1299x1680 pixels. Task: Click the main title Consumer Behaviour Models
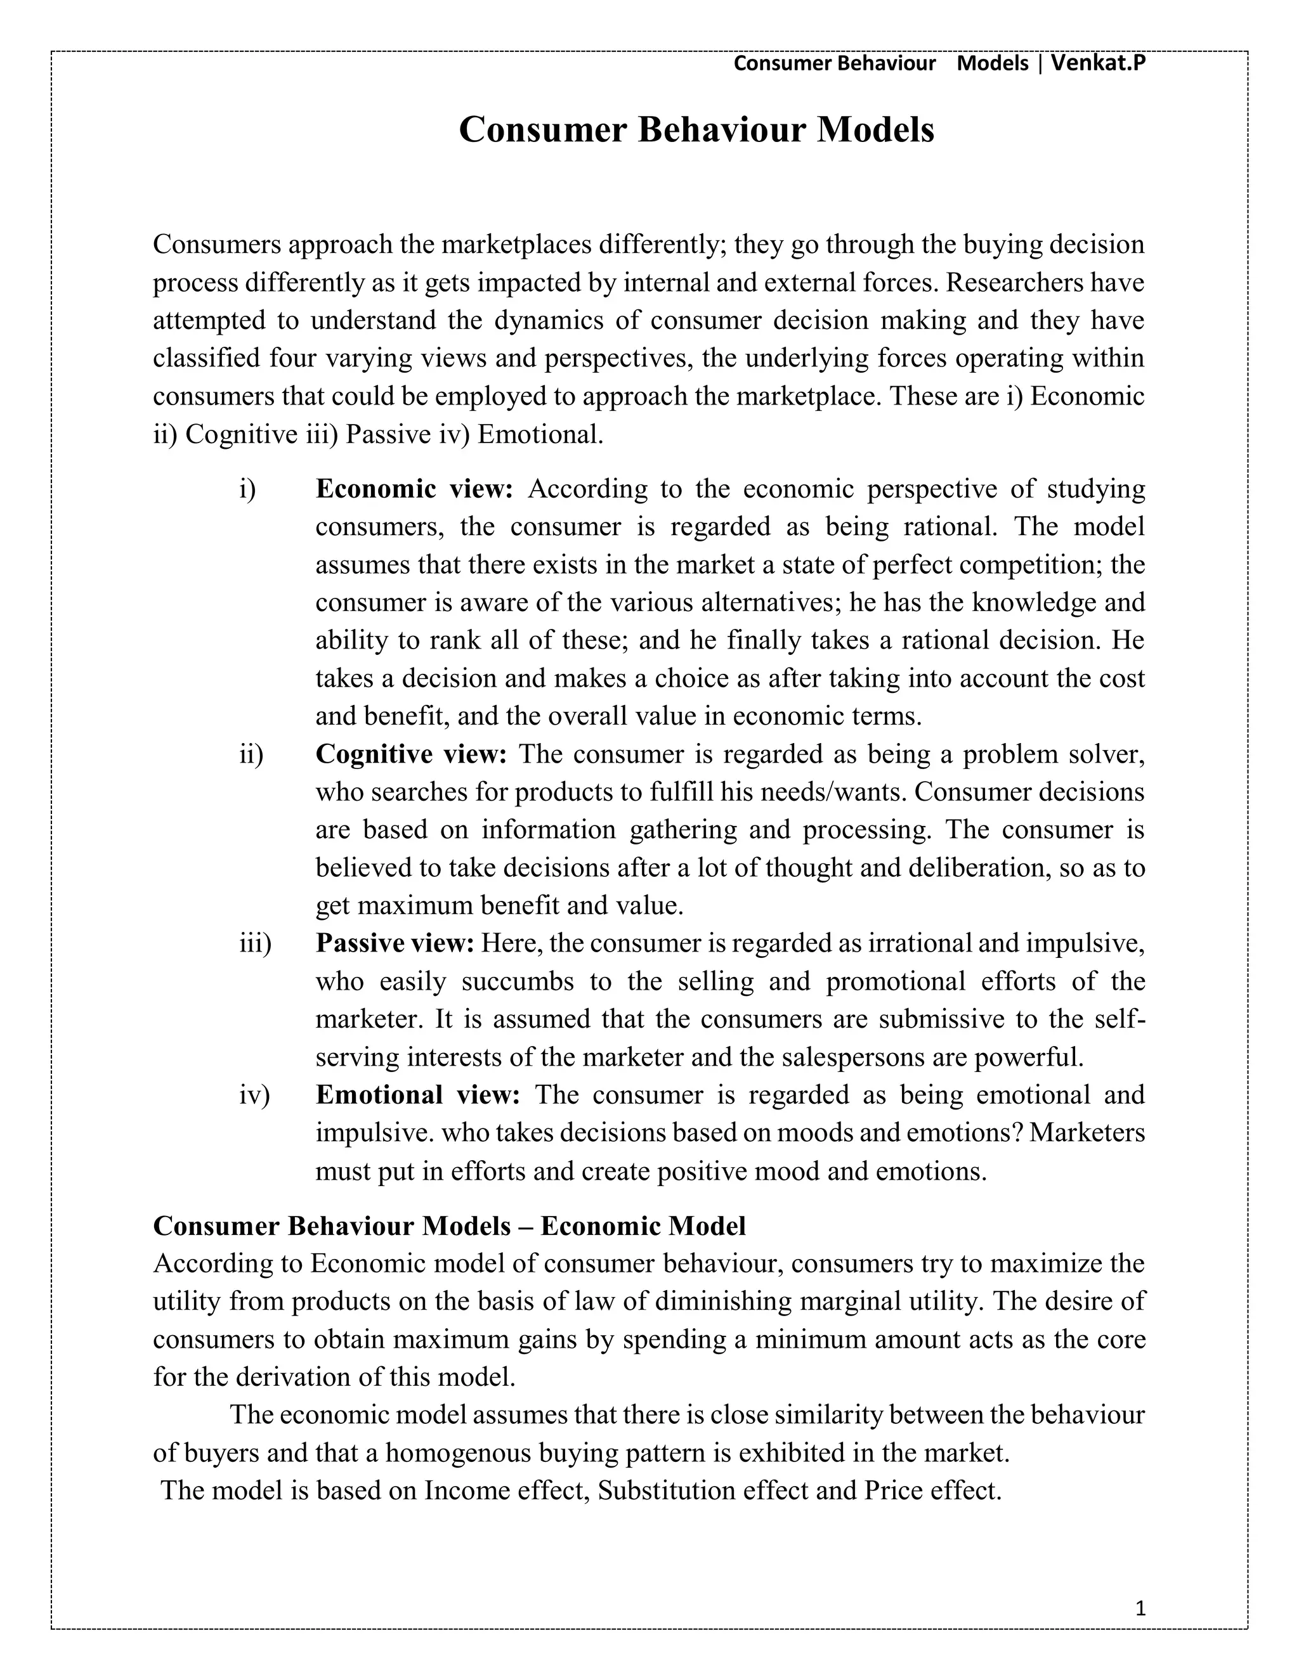[696, 129]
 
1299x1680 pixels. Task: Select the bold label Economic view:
[414, 489]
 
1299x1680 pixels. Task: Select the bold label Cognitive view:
[411, 754]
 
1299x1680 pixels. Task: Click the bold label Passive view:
[395, 943]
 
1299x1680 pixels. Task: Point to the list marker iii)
[255, 943]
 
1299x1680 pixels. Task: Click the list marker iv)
[255, 1095]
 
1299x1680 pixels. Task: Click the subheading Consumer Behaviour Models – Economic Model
[450, 1226]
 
